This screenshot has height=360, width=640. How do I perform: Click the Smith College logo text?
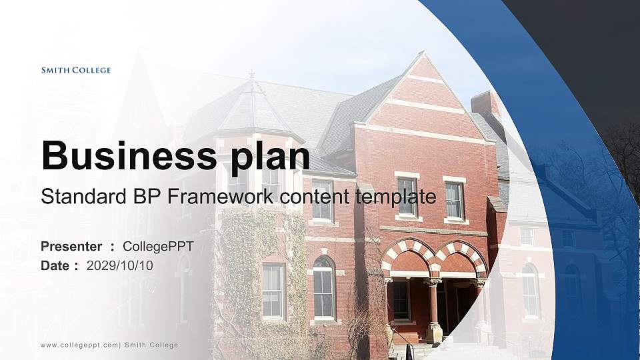tap(76, 70)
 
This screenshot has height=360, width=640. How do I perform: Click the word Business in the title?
tap(121, 156)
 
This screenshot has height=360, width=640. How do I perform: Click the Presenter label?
tap(71, 247)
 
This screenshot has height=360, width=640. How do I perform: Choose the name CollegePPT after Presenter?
tap(158, 247)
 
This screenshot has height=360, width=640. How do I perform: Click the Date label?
tap(55, 265)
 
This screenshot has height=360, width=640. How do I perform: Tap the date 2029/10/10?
tap(120, 265)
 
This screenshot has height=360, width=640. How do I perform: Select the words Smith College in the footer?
tap(152, 345)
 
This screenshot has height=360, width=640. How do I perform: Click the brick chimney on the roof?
tap(486, 105)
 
